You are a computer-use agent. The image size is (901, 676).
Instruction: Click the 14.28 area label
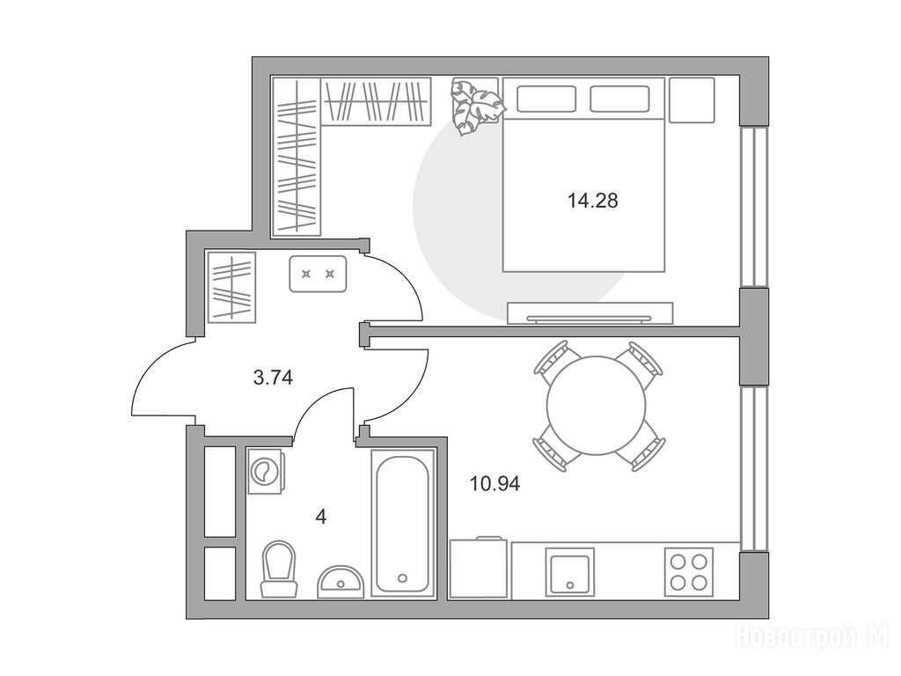point(592,201)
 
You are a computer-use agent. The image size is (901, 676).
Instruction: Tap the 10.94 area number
point(494,484)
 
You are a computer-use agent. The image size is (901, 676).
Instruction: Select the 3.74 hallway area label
point(273,378)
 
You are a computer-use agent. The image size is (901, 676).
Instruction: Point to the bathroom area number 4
point(321,517)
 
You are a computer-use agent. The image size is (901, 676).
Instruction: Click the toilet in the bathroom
point(279,569)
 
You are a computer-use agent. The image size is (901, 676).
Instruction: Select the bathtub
point(402,523)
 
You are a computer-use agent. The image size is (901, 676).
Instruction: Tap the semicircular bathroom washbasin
point(341,581)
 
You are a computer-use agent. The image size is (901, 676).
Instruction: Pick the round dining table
point(597,406)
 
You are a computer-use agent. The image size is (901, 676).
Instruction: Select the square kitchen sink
point(569,572)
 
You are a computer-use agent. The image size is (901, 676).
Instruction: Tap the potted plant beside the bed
point(476,107)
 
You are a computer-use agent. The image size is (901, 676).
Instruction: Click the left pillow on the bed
point(546,99)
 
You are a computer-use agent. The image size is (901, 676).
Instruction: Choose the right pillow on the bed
point(619,99)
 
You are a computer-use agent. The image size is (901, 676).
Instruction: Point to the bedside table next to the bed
point(692,100)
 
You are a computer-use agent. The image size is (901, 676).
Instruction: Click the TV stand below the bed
point(590,313)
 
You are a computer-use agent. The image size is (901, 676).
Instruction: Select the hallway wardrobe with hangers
point(231,287)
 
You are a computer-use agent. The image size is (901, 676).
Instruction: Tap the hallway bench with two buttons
point(318,275)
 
